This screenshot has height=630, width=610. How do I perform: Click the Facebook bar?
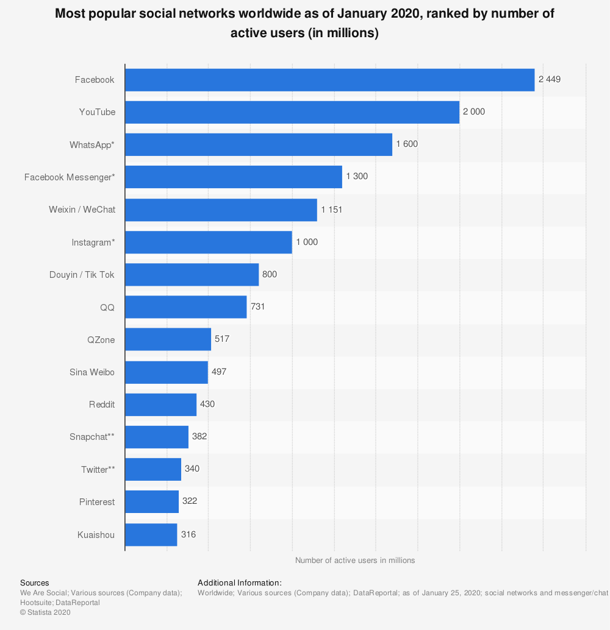(x=329, y=80)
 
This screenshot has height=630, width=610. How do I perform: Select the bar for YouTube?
(x=292, y=112)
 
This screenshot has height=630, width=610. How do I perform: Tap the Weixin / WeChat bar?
(x=221, y=210)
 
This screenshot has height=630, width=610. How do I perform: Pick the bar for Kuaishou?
(x=151, y=534)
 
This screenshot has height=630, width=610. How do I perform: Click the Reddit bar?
(x=160, y=405)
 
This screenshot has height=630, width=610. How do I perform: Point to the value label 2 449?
(x=550, y=79)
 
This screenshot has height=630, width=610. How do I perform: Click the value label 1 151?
(x=332, y=210)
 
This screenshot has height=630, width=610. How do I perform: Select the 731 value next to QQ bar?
(x=257, y=306)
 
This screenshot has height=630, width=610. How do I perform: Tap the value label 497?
(x=219, y=372)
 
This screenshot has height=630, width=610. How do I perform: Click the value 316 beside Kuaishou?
(x=188, y=534)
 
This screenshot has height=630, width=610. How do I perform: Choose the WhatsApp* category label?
(x=92, y=145)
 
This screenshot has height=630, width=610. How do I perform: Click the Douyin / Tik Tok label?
(x=82, y=274)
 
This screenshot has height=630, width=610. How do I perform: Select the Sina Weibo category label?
(x=92, y=372)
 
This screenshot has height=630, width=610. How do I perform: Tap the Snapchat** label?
(x=92, y=437)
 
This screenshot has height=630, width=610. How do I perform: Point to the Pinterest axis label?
(x=97, y=502)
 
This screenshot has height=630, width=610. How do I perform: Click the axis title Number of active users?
(x=355, y=561)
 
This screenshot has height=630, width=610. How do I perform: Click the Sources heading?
(x=35, y=583)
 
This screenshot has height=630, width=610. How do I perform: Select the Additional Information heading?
(x=239, y=583)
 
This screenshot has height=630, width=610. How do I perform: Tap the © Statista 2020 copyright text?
(x=45, y=612)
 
